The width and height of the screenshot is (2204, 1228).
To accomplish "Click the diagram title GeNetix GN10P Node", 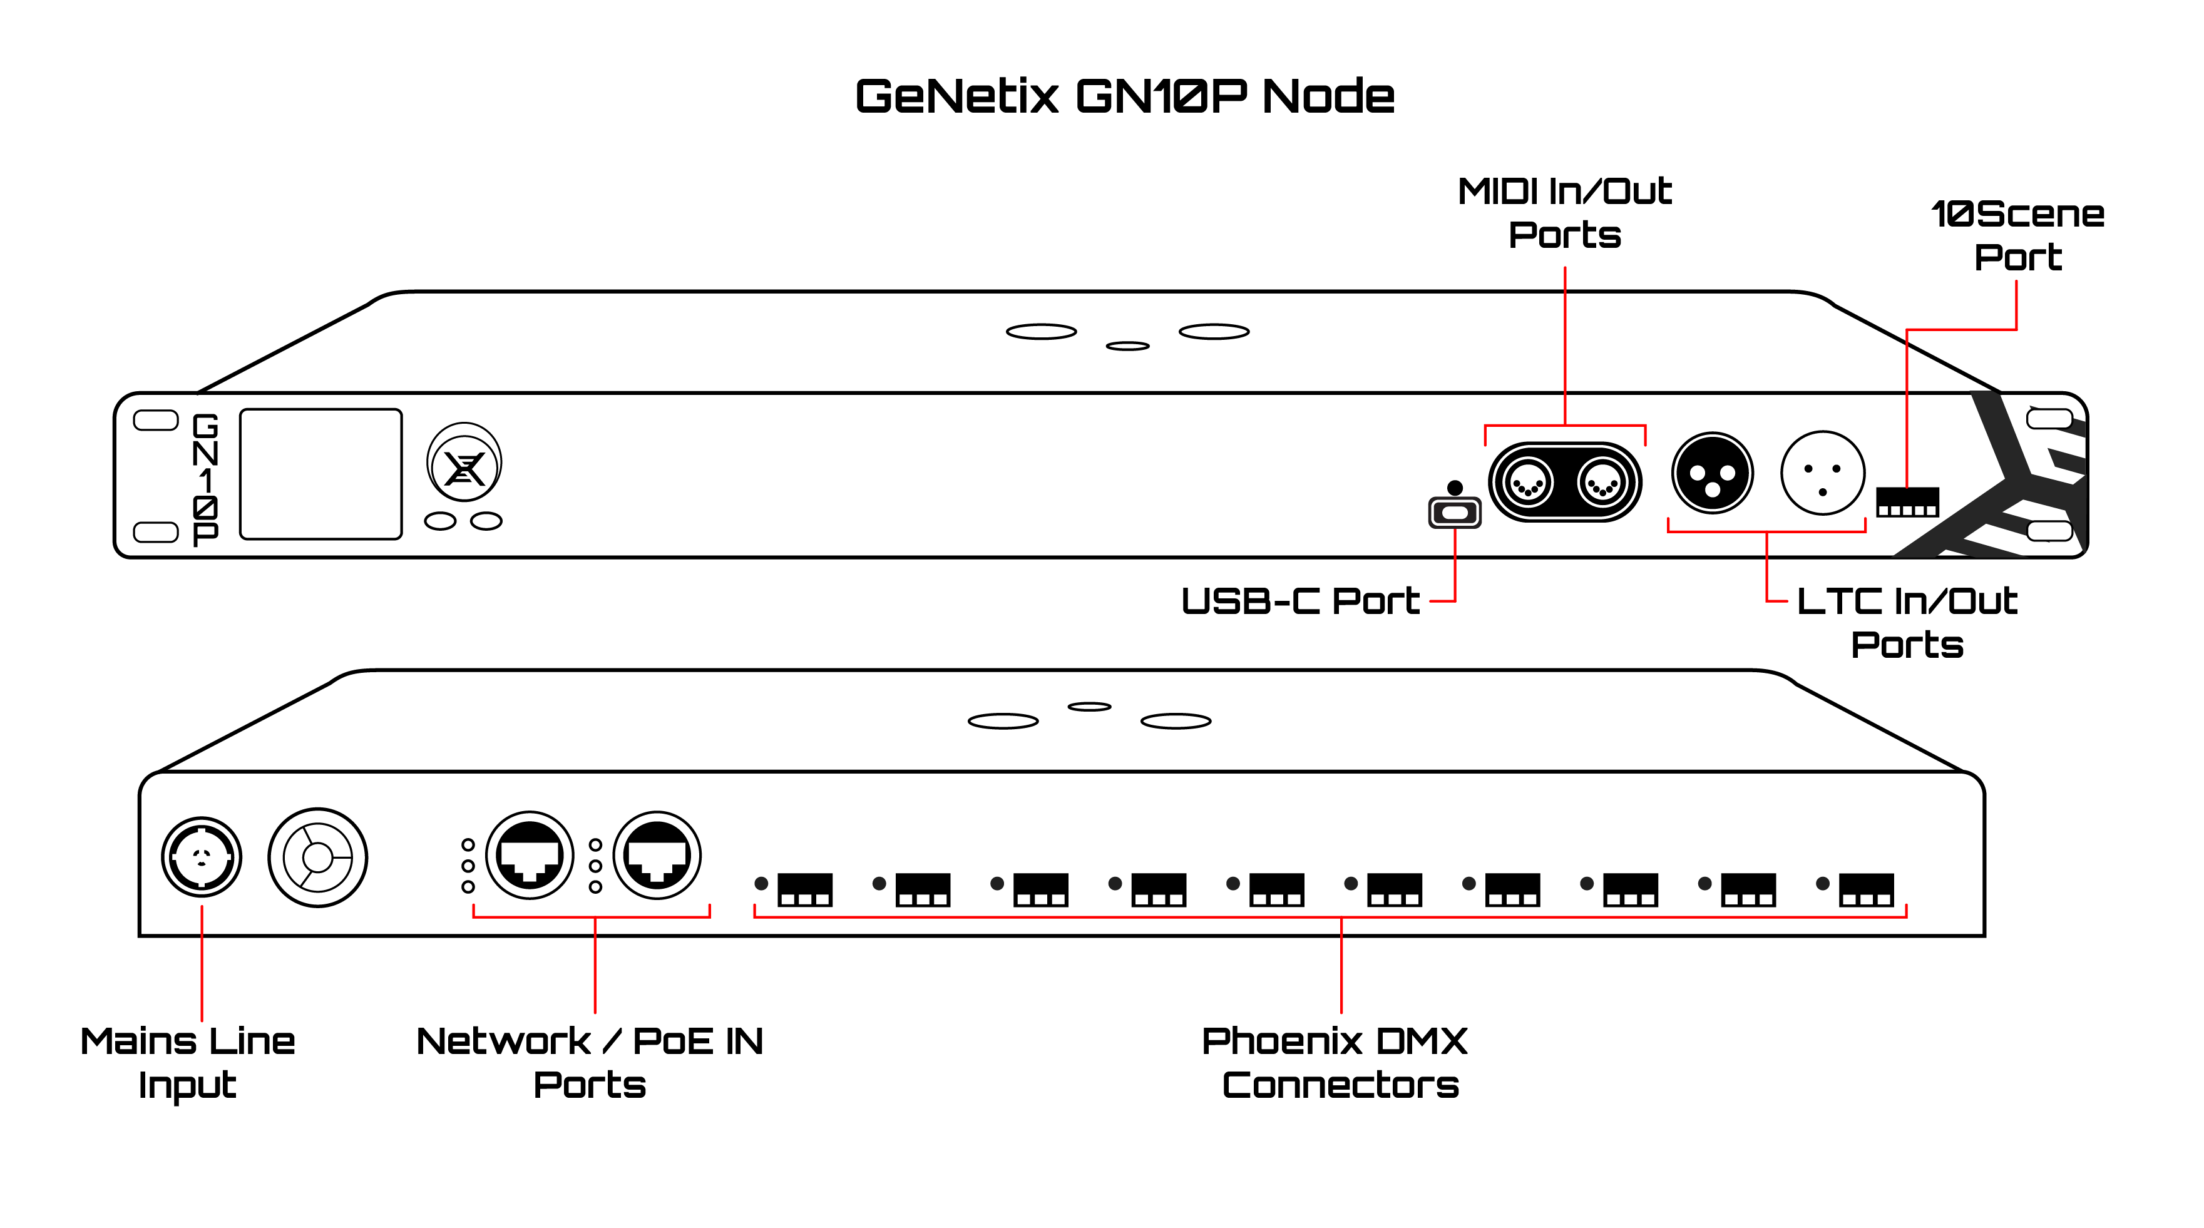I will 1124,96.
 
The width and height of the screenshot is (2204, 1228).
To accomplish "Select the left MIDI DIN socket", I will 1527,483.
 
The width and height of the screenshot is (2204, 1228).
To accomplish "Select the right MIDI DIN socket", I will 1602,483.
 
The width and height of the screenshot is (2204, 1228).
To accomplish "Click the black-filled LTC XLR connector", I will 1712,473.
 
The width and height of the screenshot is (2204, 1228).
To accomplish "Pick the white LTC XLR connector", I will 1822,473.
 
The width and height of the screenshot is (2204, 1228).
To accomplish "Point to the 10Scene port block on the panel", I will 1907,503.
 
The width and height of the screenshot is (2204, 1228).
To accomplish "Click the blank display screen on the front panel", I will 321,474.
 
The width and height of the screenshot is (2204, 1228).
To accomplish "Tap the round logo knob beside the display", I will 464,464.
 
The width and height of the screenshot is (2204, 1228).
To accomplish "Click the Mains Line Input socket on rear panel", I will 202,857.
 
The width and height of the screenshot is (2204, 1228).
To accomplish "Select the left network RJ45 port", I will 530,856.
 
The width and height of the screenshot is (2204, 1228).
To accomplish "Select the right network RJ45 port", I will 657,856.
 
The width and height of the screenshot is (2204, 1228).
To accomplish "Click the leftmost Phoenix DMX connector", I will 804,889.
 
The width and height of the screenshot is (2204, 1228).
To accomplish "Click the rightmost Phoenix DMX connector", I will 1866,889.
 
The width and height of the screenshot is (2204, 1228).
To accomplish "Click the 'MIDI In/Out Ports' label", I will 1564,212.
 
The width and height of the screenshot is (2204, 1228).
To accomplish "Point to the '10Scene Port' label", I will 2017,235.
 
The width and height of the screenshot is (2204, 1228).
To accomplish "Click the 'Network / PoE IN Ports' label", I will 590,1063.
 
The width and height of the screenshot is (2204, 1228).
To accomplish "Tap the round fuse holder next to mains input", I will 317,857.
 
